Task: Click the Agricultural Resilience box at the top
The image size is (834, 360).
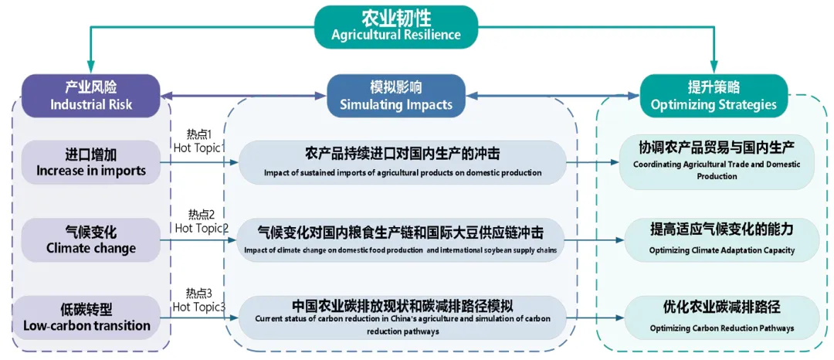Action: [x=395, y=25]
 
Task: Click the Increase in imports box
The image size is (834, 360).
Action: [x=91, y=162]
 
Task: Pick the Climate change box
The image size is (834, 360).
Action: [x=91, y=239]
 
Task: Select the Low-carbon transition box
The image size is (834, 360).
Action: [x=91, y=317]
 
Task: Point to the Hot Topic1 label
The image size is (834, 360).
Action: [x=198, y=141]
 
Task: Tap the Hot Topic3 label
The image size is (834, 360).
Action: [x=198, y=301]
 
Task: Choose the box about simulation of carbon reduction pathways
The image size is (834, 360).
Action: [x=402, y=317]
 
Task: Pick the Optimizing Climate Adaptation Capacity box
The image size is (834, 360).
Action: [x=721, y=239]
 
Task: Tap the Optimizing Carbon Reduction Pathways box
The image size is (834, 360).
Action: [x=721, y=317]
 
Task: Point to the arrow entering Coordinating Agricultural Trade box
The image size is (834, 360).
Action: [x=595, y=163]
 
